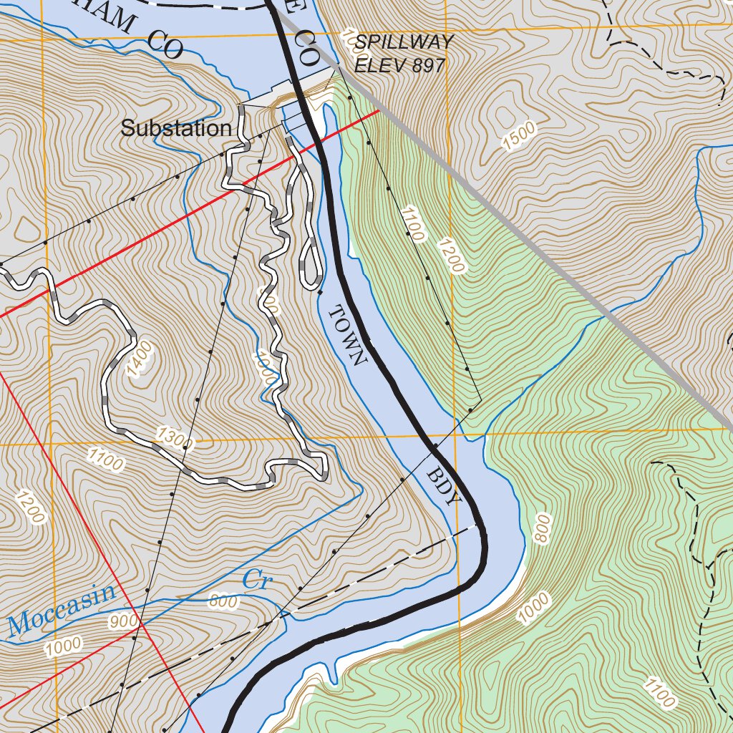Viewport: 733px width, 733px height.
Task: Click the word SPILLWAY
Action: [404, 42]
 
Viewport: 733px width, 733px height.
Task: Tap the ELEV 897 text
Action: [400, 65]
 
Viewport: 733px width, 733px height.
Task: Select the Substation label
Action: [176, 129]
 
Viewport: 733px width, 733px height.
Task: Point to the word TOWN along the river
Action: [347, 334]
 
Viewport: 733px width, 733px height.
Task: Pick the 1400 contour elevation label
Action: [140, 359]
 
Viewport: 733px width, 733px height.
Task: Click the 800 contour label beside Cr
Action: [223, 602]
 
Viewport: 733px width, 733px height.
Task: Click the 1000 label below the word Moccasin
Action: [63, 647]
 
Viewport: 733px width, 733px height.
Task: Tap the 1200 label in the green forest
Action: [453, 256]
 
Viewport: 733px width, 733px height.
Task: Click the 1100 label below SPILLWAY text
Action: [413, 223]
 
